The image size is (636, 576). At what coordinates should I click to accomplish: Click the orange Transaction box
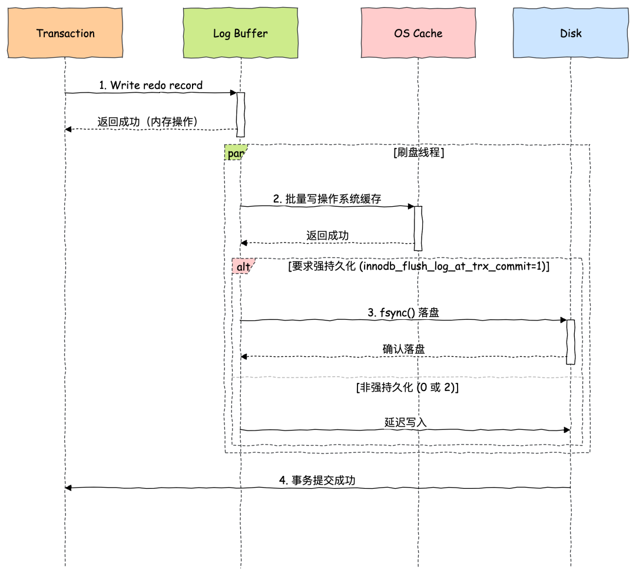pyautogui.click(x=65, y=33)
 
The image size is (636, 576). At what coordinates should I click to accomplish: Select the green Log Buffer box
pyautogui.click(x=240, y=33)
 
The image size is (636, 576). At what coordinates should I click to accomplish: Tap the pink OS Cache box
pyautogui.click(x=418, y=33)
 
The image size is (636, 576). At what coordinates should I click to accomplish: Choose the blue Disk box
pyautogui.click(x=571, y=33)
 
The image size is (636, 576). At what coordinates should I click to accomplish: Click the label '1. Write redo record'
pyautogui.click(x=151, y=85)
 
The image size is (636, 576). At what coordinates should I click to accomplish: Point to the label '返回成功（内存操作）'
pyautogui.click(x=151, y=122)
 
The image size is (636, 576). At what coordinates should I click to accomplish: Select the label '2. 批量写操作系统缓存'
pyautogui.click(x=327, y=199)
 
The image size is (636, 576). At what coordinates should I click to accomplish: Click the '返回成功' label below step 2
pyautogui.click(x=327, y=236)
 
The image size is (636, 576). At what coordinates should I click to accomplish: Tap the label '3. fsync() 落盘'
pyautogui.click(x=403, y=313)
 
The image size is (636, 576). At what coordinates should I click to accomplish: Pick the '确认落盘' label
pyautogui.click(x=404, y=349)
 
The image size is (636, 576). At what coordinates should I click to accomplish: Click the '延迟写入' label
pyautogui.click(x=406, y=422)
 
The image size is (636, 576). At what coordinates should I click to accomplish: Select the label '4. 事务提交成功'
pyautogui.click(x=317, y=481)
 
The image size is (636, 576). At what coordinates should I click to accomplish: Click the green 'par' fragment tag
pyautogui.click(x=236, y=153)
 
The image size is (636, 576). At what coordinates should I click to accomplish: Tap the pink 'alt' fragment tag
pyautogui.click(x=243, y=267)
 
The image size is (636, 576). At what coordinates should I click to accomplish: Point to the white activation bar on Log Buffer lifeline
pyautogui.click(x=240, y=114)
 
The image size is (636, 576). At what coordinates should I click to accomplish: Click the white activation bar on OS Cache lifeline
pyautogui.click(x=418, y=229)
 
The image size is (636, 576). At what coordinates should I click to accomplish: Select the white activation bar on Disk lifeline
pyautogui.click(x=571, y=342)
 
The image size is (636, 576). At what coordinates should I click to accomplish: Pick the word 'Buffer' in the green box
pyautogui.click(x=251, y=33)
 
